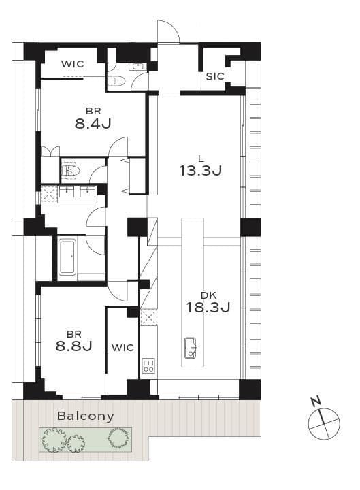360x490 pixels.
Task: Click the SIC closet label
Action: (x=215, y=76)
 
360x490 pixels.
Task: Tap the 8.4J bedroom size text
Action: (x=93, y=124)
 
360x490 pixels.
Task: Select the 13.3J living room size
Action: (x=200, y=171)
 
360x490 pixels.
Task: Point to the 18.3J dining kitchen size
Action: (x=208, y=307)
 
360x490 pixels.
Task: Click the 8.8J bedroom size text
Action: (x=73, y=346)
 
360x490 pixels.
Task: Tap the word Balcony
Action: (x=86, y=416)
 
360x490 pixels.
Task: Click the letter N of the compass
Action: (x=316, y=401)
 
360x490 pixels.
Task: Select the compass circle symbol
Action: (x=324, y=423)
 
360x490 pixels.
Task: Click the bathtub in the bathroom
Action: (x=67, y=257)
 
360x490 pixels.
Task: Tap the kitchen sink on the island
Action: (x=191, y=348)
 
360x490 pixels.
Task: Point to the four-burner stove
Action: (x=148, y=365)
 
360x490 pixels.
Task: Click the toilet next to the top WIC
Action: (x=116, y=81)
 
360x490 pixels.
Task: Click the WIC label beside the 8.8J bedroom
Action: (x=122, y=348)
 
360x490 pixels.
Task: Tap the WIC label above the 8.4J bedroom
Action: (x=73, y=64)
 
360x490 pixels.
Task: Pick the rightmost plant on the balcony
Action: (x=118, y=438)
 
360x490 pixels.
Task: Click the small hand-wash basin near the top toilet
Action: (x=137, y=66)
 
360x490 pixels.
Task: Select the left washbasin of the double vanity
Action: (x=66, y=191)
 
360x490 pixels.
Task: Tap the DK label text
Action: (x=208, y=295)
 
